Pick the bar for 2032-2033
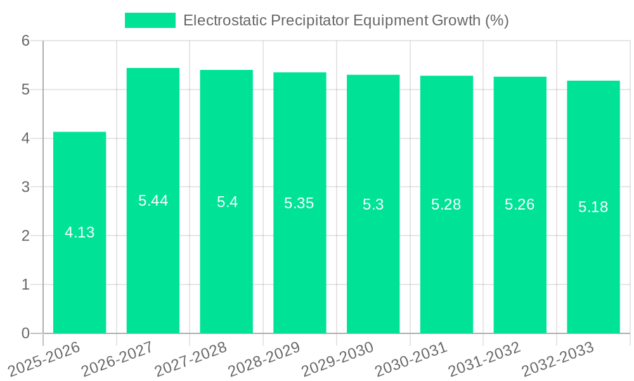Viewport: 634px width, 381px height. point(593,267)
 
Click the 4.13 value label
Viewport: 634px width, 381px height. point(79,232)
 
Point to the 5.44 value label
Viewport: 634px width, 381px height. point(153,201)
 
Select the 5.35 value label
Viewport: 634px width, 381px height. point(299,203)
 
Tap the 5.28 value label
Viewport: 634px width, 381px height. point(446,204)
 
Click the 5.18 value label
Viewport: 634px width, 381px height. point(593,207)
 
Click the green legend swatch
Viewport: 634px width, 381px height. point(150,20)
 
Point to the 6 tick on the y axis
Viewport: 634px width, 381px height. point(25,41)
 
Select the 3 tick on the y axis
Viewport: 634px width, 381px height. point(25,187)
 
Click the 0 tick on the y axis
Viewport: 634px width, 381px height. point(25,333)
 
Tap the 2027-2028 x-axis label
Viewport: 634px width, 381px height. point(190,359)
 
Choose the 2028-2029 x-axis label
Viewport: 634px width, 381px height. point(264,359)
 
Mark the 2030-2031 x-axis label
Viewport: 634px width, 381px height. point(411,359)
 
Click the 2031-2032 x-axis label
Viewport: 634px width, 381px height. point(484,359)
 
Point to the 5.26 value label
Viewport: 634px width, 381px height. point(520,204)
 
